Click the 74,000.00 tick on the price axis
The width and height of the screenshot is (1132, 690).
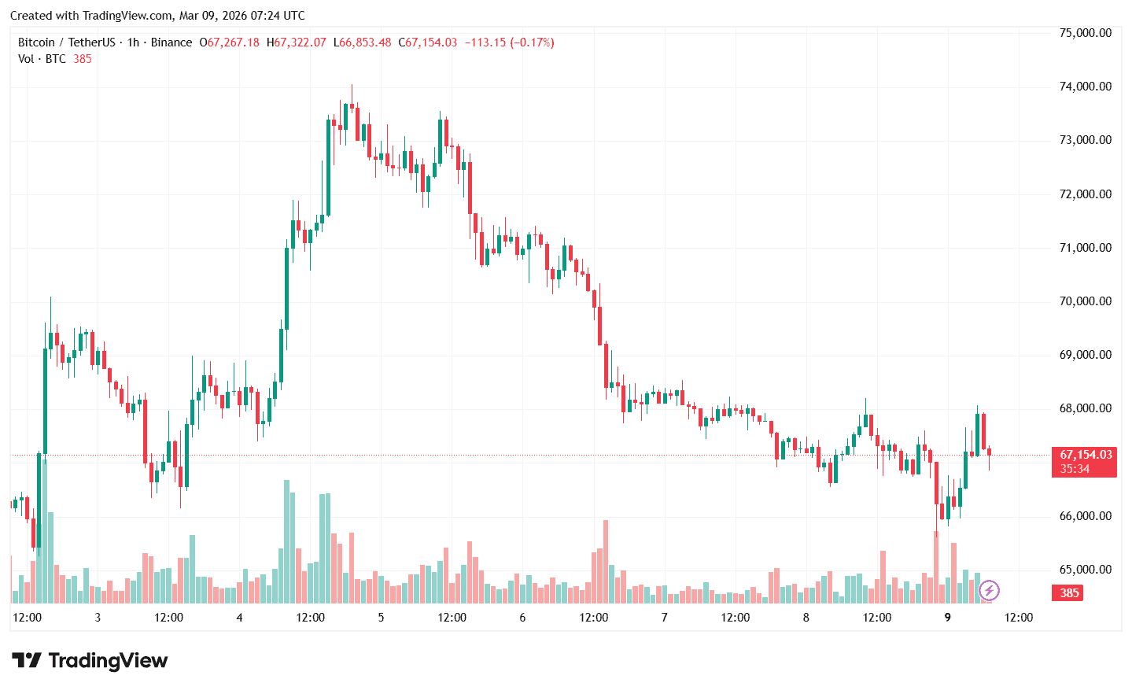1085,87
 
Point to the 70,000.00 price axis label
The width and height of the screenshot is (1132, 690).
1085,301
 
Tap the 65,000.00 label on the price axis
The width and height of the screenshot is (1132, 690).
1085,570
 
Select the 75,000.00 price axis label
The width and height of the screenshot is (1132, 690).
1085,33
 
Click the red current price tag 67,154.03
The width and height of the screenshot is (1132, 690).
1085,455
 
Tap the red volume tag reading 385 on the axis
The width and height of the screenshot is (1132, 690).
1068,592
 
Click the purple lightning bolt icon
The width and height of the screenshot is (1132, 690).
989,590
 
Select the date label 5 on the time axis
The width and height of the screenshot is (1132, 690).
381,618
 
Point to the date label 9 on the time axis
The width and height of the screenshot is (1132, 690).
947,618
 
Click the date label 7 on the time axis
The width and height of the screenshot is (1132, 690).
664,618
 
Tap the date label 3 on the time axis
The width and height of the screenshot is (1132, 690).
98,618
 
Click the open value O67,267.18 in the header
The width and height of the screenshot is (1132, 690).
229,42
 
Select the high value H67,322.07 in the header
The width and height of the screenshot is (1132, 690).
296,42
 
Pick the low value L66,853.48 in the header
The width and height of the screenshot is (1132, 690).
362,42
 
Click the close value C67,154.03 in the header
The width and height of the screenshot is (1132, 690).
427,42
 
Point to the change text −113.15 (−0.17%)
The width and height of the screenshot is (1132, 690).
509,42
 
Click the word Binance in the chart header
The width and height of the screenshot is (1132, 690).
171,42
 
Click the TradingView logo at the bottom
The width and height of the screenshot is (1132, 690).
90,660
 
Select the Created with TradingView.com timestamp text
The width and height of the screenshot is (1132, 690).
157,16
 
